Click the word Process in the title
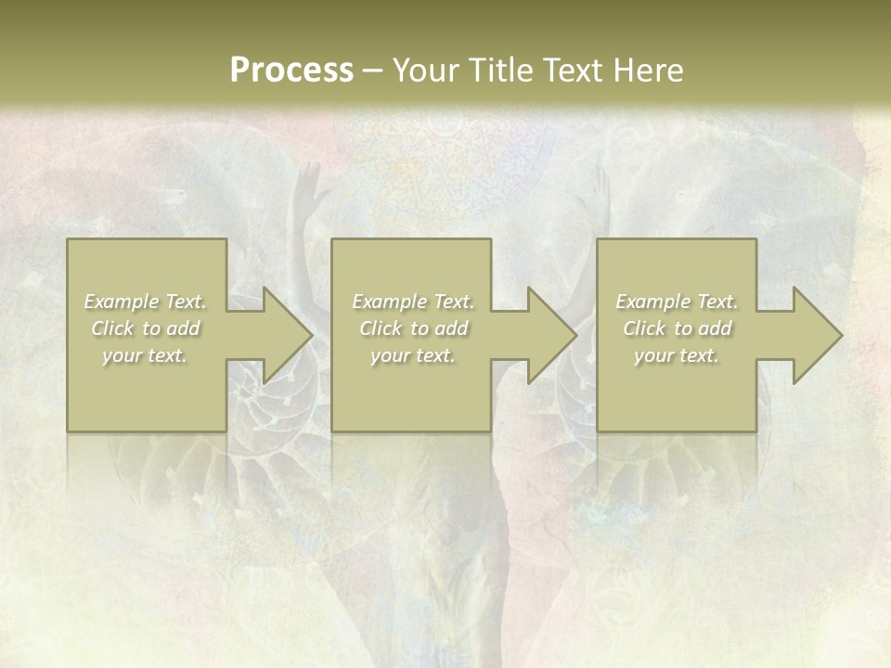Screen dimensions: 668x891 point(291,71)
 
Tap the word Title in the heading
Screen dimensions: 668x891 point(500,71)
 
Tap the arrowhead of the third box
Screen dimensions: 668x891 point(819,335)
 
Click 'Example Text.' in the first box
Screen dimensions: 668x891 point(145,302)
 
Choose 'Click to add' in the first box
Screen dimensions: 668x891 point(146,328)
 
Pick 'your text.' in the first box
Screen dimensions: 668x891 point(145,355)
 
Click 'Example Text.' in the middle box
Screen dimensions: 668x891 point(413,302)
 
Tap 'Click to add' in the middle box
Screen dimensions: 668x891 point(413,328)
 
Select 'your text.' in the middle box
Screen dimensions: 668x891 point(413,355)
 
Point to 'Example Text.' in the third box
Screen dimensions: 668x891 point(677,302)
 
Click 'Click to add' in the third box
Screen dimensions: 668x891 point(677,328)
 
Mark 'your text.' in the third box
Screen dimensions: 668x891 point(677,355)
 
